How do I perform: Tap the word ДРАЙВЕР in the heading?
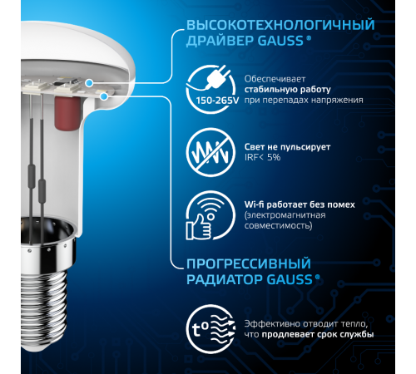(215, 44)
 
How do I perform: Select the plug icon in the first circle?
(210, 81)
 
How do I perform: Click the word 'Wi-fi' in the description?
(258, 202)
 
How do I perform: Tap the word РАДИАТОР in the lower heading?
(219, 283)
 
